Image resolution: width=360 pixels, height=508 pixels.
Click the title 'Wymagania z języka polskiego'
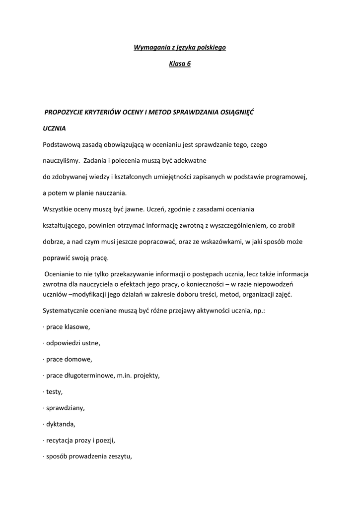point(180,48)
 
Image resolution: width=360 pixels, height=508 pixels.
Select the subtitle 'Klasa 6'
point(180,64)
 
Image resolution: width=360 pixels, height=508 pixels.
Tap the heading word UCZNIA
point(55,128)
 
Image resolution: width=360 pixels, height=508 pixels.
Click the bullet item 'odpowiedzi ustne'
point(72,343)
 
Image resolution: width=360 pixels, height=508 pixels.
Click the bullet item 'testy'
point(54,392)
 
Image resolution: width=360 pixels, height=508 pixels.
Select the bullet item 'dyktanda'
point(61,424)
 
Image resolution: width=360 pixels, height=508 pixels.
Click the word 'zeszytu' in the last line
point(120,456)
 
